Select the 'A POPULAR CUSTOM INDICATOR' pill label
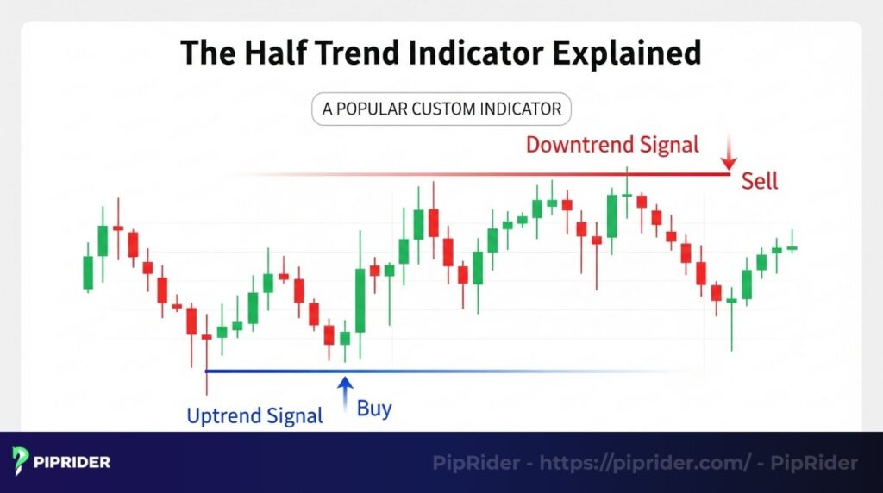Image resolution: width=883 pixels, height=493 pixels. click(x=441, y=109)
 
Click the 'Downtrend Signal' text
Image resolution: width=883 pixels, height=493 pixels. click(x=612, y=144)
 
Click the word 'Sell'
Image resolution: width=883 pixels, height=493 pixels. click(x=759, y=181)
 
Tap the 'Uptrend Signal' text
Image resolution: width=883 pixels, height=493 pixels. click(x=254, y=416)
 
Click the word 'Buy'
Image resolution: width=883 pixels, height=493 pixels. click(x=374, y=409)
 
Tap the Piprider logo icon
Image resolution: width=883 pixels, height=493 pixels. click(x=22, y=462)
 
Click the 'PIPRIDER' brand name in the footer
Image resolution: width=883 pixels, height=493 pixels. click(x=72, y=463)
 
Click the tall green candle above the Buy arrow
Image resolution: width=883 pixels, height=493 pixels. click(x=360, y=300)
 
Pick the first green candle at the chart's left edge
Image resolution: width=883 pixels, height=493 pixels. click(x=87, y=272)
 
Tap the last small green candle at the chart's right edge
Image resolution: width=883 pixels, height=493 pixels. click(x=792, y=247)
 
